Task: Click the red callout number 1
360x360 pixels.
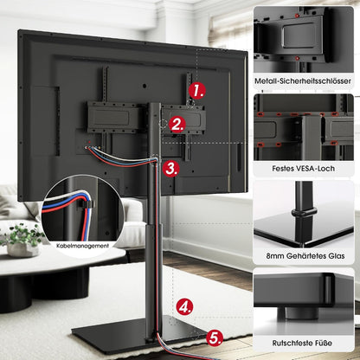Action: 199,89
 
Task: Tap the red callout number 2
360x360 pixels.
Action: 177,124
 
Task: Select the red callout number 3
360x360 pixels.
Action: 171,167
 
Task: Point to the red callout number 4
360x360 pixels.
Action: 185,305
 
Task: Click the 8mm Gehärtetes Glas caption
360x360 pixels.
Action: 307,257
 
